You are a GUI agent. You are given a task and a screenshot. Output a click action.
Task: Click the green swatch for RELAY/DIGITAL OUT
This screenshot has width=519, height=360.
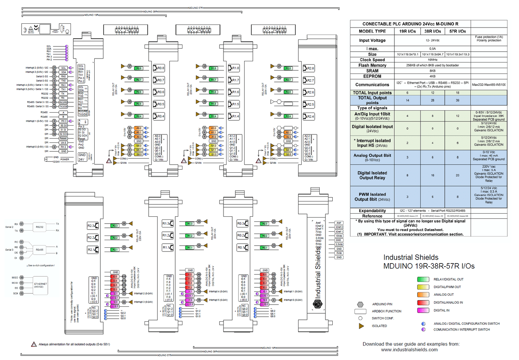423,279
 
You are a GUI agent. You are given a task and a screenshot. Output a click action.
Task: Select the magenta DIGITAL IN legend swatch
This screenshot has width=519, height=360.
423,310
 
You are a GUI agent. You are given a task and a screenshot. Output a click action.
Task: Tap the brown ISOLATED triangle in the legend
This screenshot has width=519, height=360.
361,326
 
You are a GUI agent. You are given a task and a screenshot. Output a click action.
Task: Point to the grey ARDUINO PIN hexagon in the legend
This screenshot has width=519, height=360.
360,304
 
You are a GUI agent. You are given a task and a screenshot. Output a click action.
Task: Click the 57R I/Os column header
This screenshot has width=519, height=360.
457,31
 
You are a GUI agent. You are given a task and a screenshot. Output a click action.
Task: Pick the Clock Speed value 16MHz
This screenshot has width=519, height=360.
432,60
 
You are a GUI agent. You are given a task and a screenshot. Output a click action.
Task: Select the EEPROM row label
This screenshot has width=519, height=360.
372,76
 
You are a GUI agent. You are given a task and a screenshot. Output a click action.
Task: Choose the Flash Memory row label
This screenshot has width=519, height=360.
372,65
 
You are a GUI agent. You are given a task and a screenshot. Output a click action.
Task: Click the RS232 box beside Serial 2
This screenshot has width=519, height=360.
39,227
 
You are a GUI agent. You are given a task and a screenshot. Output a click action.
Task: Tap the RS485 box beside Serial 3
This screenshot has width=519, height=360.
39,250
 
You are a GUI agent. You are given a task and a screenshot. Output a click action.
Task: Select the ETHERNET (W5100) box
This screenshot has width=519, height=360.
40,285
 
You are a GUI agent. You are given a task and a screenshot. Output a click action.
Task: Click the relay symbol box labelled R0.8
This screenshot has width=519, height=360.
159,68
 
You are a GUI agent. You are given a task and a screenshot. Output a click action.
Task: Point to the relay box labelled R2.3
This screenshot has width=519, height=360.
92,226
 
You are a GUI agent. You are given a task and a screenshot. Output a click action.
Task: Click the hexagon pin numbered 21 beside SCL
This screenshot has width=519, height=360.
54,68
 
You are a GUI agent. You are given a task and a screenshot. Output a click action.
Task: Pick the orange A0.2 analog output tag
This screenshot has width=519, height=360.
138,128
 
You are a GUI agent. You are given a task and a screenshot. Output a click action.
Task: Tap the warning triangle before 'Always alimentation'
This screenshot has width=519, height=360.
34,344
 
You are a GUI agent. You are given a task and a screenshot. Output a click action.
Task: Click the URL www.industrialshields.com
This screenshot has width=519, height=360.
409,350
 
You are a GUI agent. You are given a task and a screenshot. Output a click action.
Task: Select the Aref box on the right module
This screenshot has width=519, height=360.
338,223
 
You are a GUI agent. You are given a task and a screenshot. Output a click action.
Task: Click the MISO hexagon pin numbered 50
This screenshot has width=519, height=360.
22,278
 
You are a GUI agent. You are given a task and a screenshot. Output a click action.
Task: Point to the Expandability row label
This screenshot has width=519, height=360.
372,211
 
